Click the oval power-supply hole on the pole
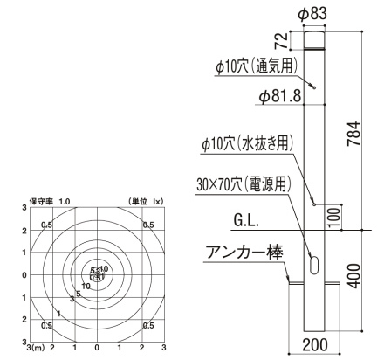click(x=314, y=263)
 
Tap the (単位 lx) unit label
click(x=146, y=202)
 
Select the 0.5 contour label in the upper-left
click(x=46, y=225)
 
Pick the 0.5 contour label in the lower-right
click(x=149, y=325)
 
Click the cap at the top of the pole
click(x=315, y=40)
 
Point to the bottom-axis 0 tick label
click(x=97, y=348)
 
